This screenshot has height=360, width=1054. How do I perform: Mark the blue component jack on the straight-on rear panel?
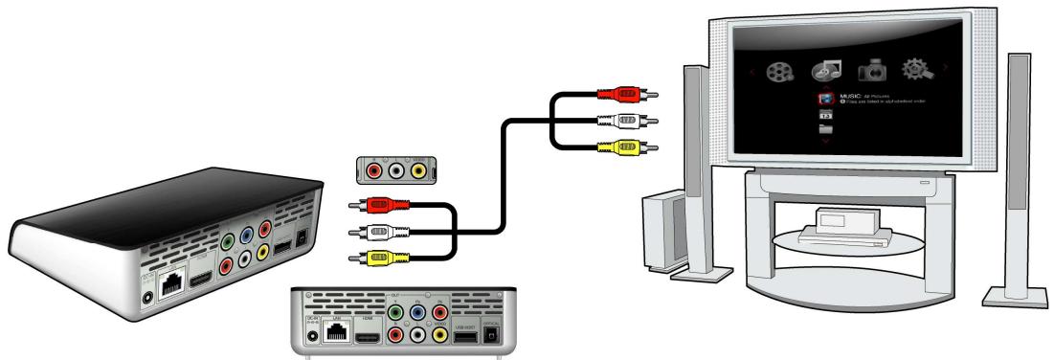pos(418,312)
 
